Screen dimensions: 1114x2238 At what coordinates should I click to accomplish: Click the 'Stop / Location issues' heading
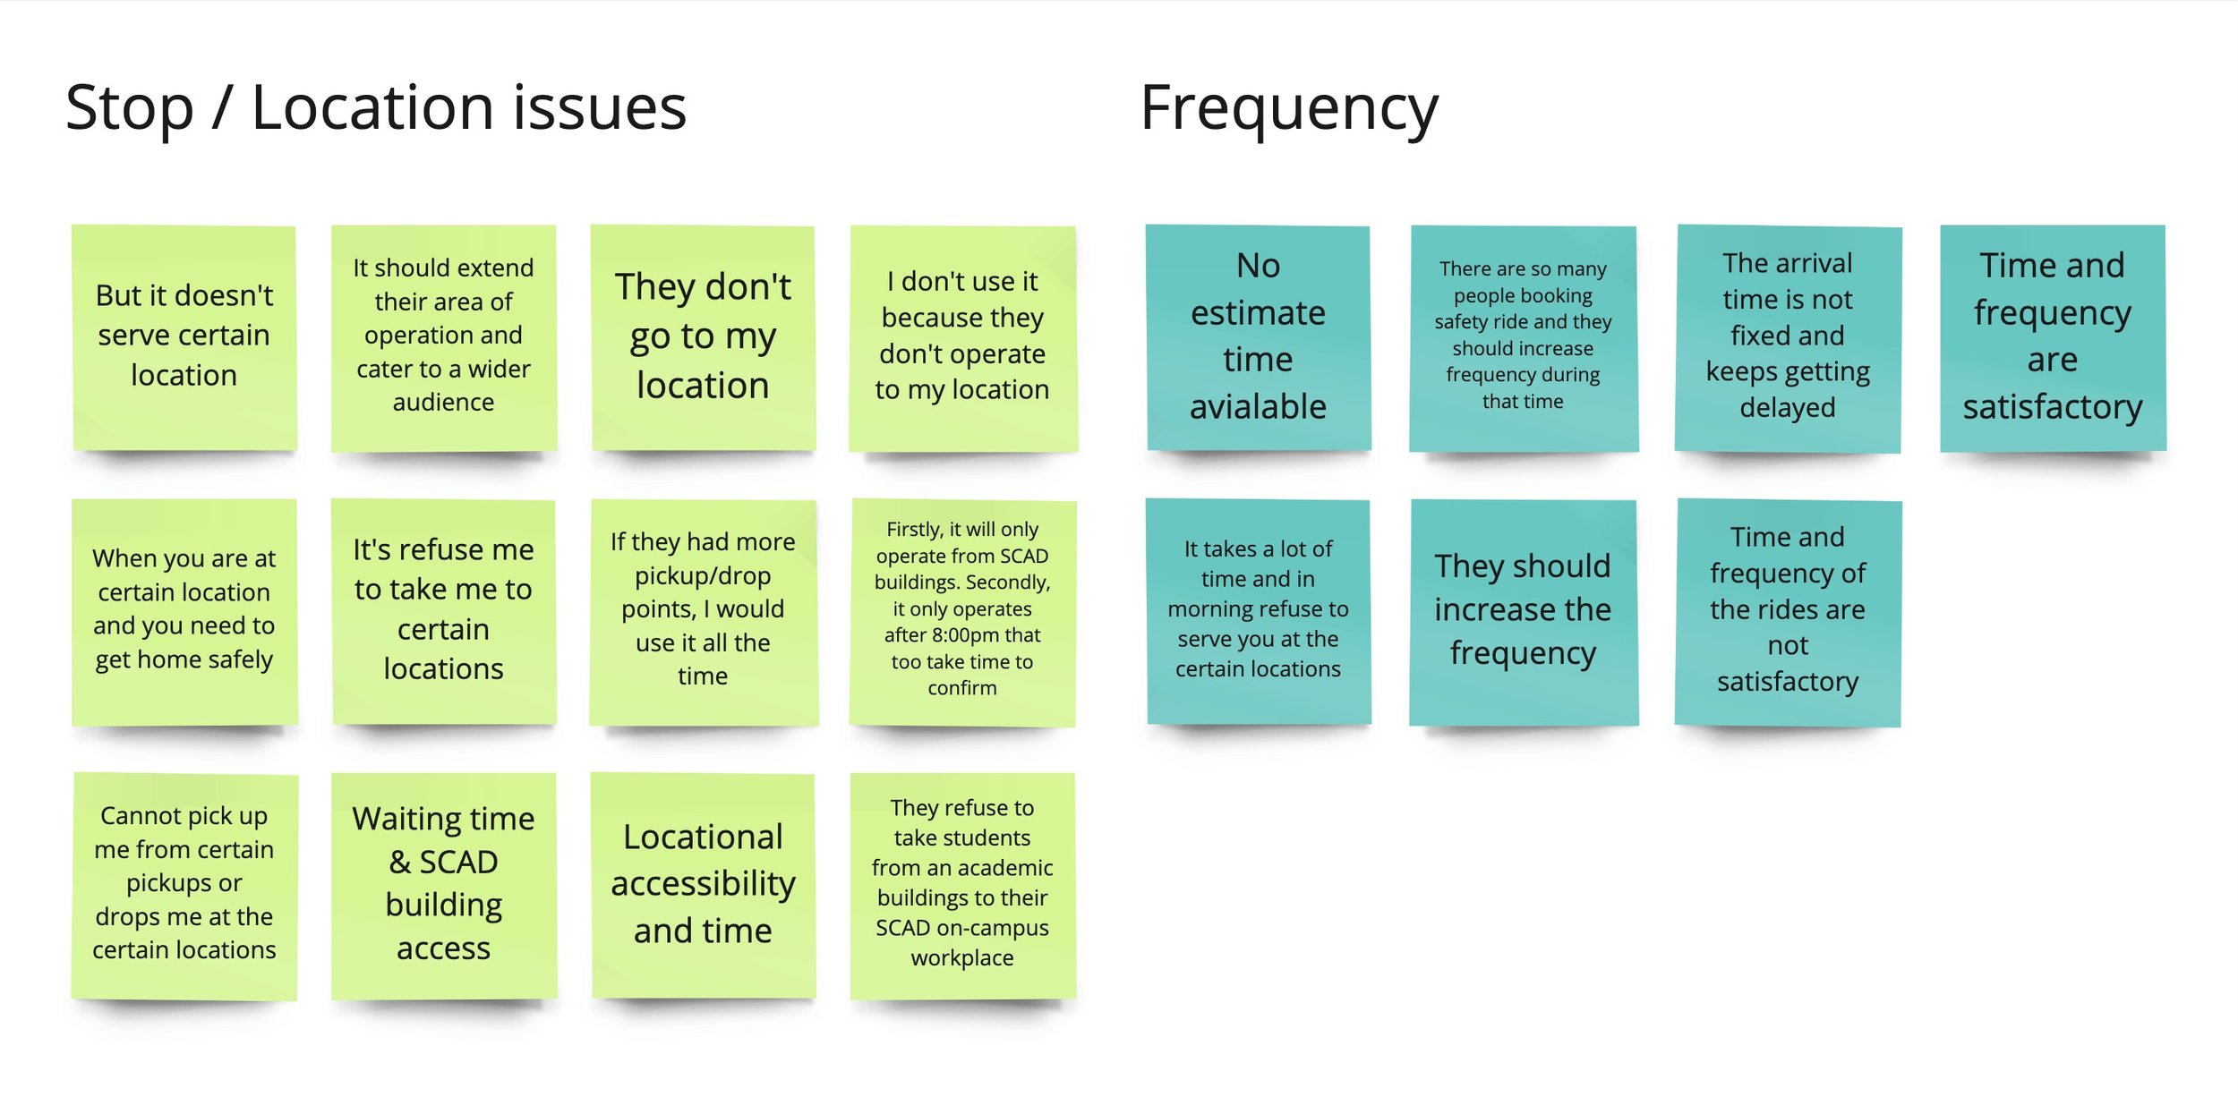point(376,108)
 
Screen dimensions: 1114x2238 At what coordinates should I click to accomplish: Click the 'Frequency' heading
point(1289,108)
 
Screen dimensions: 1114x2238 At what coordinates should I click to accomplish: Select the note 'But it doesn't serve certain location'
point(184,336)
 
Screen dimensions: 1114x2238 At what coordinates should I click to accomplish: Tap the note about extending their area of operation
point(443,336)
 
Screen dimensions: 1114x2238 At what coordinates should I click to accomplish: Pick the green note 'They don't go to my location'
point(703,336)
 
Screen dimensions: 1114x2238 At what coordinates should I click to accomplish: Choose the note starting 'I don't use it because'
point(962,336)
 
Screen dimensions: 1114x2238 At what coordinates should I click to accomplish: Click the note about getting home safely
point(184,610)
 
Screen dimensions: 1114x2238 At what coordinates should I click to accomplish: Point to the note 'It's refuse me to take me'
point(443,610)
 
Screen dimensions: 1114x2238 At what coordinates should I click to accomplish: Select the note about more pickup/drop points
point(703,610)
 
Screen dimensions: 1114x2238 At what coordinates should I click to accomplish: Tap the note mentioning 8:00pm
point(962,610)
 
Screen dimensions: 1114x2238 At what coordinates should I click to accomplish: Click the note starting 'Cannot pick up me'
point(184,884)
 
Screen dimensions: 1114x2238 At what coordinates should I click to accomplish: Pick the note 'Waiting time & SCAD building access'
point(443,884)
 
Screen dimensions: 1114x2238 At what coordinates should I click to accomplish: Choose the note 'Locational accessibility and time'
point(703,884)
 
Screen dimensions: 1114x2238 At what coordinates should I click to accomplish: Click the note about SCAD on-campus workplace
point(962,884)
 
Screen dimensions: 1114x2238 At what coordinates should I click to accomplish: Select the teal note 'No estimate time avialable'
point(1258,336)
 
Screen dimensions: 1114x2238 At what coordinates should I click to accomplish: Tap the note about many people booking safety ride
point(1523,336)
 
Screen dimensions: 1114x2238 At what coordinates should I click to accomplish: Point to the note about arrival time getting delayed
point(1788,336)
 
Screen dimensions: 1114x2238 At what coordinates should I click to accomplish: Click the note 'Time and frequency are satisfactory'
point(2053,336)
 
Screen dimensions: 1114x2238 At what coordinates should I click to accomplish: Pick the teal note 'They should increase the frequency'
point(1523,610)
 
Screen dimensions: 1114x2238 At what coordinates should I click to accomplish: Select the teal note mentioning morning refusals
point(1258,610)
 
